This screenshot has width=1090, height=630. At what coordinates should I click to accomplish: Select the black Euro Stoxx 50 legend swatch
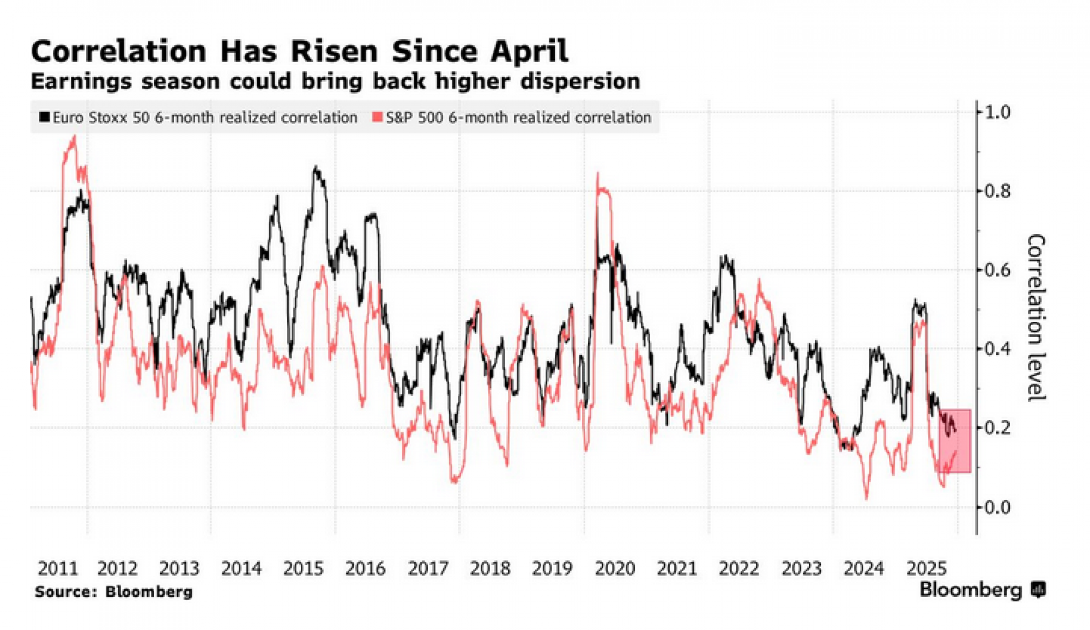click(45, 117)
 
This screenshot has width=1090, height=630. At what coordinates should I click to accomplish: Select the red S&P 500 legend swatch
click(377, 117)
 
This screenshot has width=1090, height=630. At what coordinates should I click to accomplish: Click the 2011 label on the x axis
click(58, 568)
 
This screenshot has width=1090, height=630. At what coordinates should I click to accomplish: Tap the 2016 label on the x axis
click(365, 568)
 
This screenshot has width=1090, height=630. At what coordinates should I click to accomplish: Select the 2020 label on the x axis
click(615, 568)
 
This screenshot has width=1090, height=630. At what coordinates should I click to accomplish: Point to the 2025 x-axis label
click(926, 568)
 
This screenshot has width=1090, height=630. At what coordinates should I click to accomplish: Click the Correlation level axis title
click(1036, 318)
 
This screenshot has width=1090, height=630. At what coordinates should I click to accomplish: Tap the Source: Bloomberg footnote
click(113, 592)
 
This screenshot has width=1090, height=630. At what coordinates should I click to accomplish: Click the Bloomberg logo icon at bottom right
click(1039, 590)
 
